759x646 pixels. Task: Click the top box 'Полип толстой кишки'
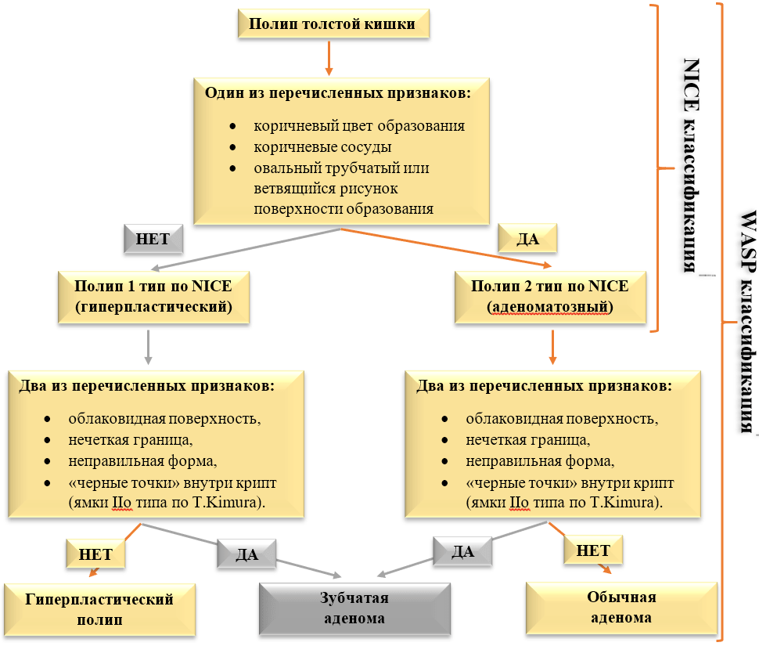(x=332, y=23)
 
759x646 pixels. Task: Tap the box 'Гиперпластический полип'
(x=99, y=608)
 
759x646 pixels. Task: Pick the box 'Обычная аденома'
(x=621, y=607)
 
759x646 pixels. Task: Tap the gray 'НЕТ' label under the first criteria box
(x=153, y=239)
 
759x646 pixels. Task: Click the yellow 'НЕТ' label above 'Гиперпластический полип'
(x=95, y=554)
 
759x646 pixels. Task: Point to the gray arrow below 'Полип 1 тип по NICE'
(x=148, y=345)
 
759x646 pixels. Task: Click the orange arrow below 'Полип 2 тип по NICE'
(x=552, y=346)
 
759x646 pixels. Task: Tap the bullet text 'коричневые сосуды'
(x=322, y=146)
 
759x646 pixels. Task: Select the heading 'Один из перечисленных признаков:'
(x=337, y=93)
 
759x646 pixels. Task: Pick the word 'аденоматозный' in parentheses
(x=549, y=308)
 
